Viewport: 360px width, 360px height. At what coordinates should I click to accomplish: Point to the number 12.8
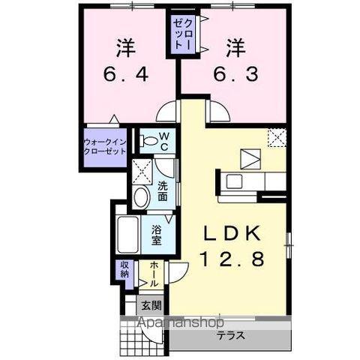pyautogui.click(x=235, y=259)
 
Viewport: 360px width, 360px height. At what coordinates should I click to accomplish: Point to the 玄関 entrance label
pyautogui.click(x=151, y=305)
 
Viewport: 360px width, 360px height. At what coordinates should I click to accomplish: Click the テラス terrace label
pyautogui.click(x=231, y=336)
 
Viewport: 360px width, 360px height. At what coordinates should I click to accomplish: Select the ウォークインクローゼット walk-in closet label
pyautogui.click(x=105, y=144)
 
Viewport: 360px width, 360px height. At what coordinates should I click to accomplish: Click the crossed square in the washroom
pyautogui.click(x=140, y=168)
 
